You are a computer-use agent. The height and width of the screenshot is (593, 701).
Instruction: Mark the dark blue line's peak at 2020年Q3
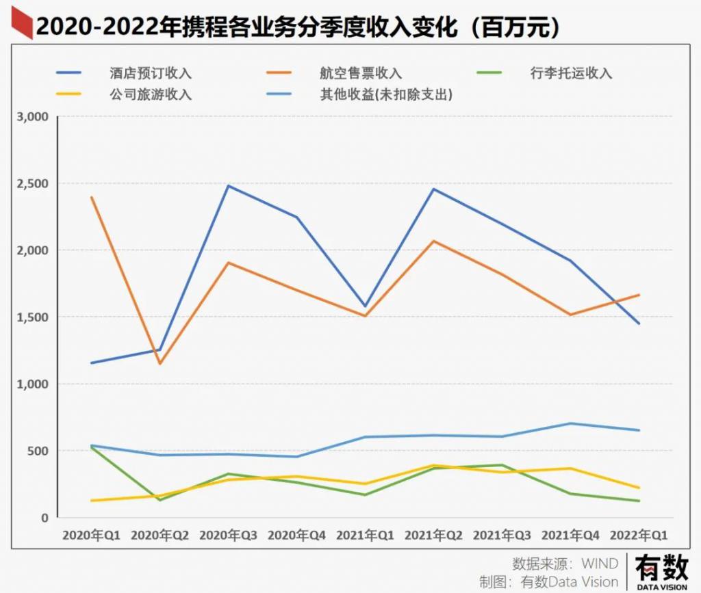(228, 185)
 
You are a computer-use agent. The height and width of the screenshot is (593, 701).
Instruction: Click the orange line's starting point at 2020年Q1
(91, 197)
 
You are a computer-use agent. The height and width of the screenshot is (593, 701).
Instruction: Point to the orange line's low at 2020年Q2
(160, 364)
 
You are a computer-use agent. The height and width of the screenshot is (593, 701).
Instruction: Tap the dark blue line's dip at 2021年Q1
(365, 306)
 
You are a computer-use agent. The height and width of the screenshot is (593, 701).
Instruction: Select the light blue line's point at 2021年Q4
(570, 423)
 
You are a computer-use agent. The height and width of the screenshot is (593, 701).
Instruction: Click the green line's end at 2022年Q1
(639, 501)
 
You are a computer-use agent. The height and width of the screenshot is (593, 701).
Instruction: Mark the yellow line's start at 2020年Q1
(91, 501)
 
